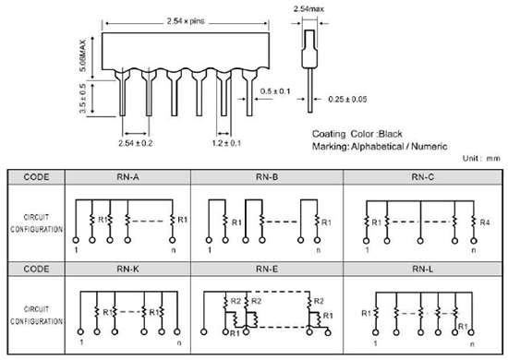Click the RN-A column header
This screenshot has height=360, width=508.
pyautogui.click(x=127, y=177)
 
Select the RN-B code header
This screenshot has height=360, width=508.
pyautogui.click(x=267, y=177)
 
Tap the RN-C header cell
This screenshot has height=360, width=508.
pyautogui.click(x=423, y=177)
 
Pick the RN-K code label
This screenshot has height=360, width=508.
pyautogui.click(x=127, y=269)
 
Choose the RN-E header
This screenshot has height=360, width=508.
pyautogui.click(x=267, y=269)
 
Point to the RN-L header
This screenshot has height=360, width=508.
pyautogui.click(x=423, y=269)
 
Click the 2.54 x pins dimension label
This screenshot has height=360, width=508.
pyautogui.click(x=186, y=21)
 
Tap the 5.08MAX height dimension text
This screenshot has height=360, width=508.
pyautogui.click(x=83, y=55)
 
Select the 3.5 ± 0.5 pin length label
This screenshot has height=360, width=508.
pyautogui.click(x=83, y=99)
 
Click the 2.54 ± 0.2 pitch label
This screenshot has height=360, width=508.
pyautogui.click(x=136, y=143)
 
